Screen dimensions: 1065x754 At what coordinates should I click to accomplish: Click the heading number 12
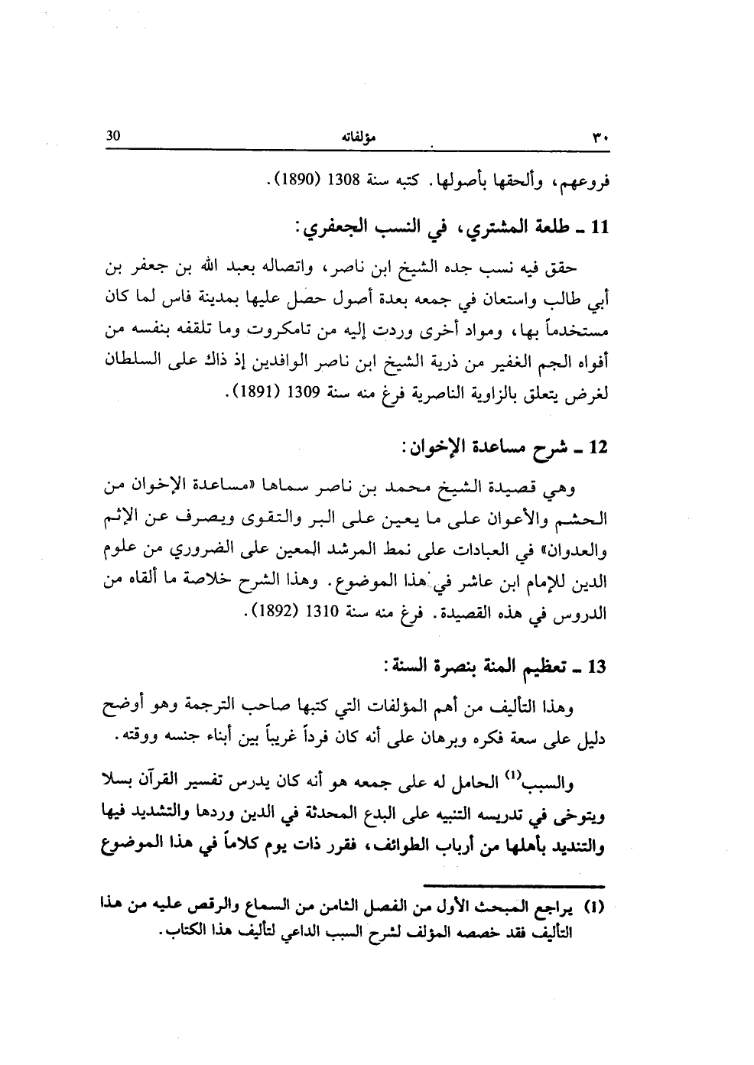[597, 446]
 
